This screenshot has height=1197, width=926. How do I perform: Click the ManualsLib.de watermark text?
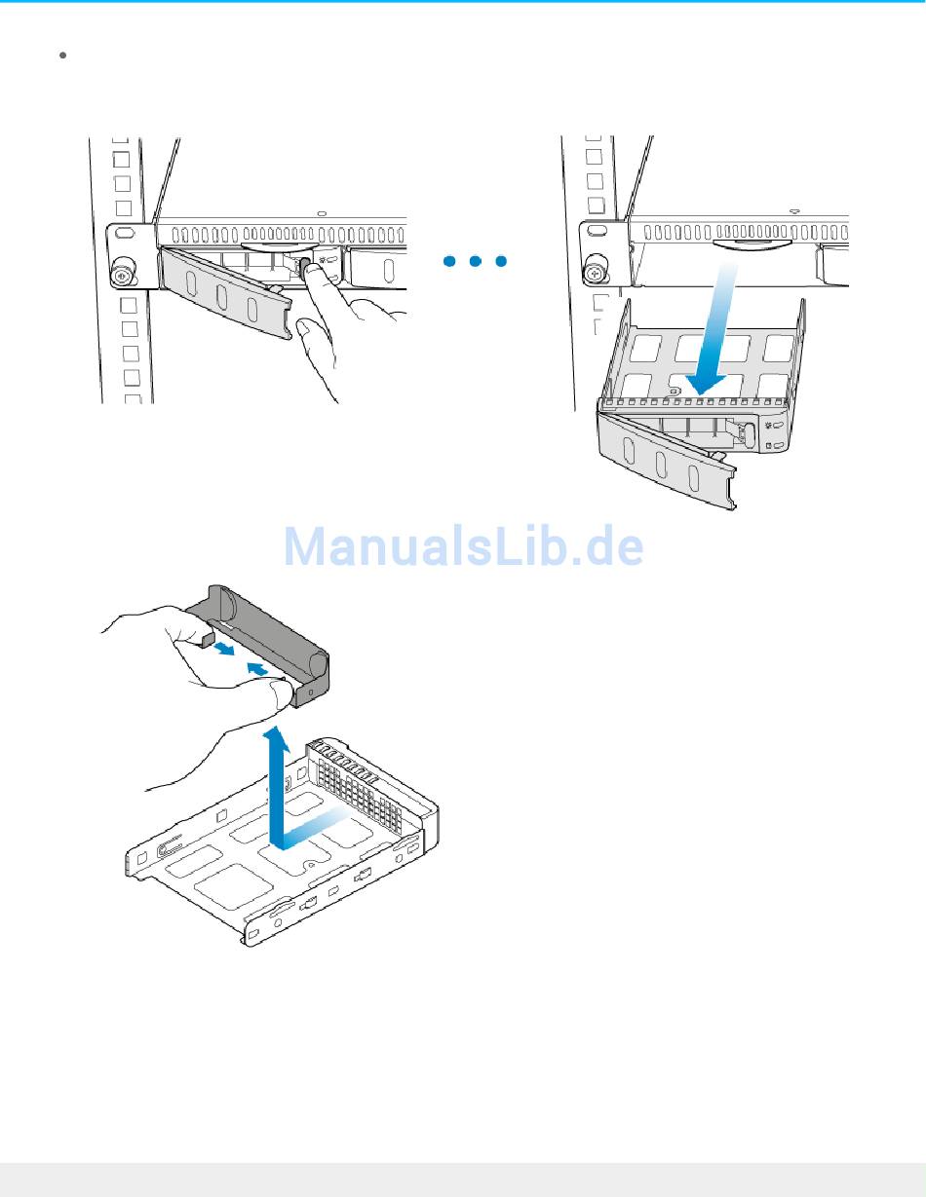coord(463,548)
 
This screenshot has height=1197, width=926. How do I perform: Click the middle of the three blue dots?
coord(475,262)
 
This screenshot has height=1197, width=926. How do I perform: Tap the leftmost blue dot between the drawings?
coord(448,262)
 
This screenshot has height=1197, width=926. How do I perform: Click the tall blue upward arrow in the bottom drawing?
coord(279,779)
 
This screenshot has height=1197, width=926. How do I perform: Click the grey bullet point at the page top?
coord(62,56)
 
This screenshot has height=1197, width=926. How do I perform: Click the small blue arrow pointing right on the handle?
coord(224,649)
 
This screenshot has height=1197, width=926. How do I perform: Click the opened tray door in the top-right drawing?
coord(673,458)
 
